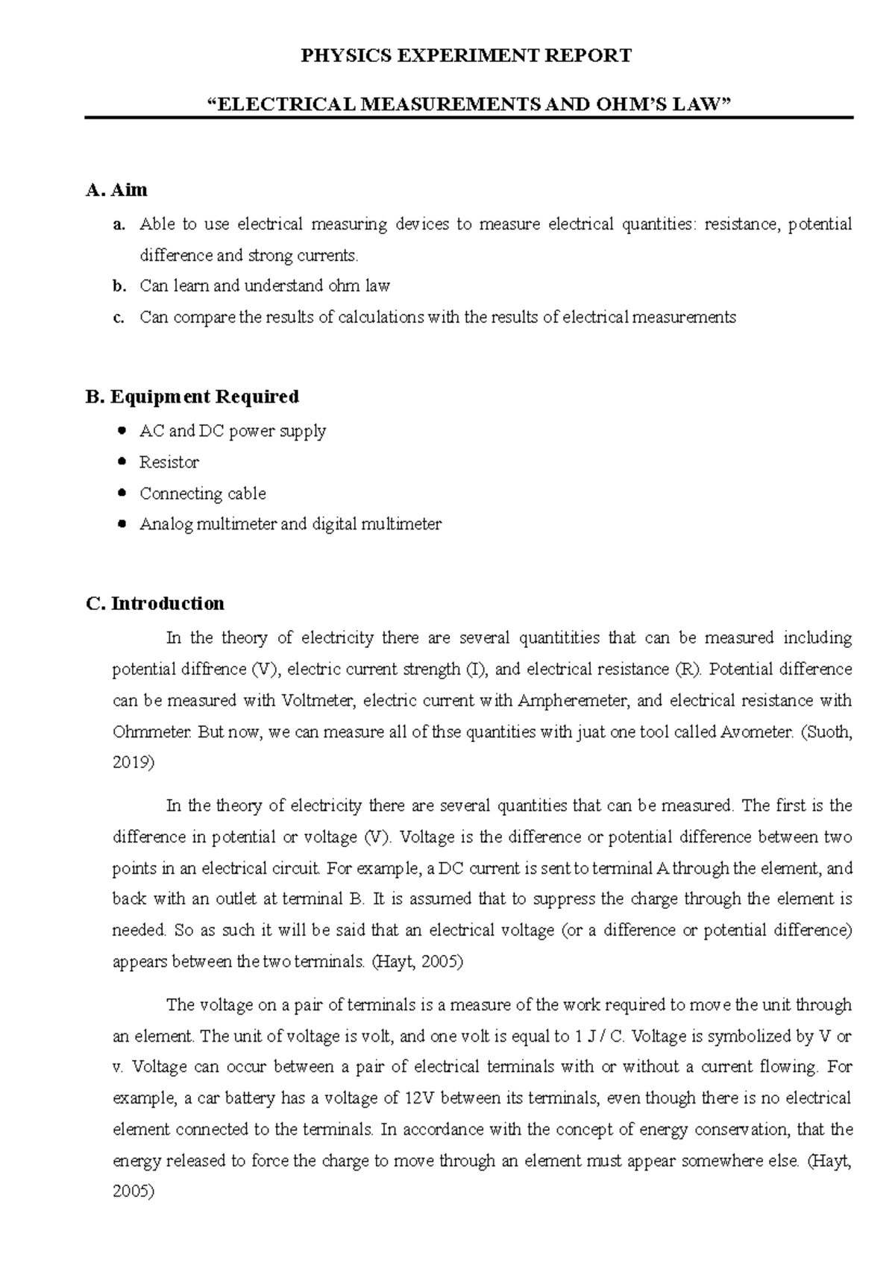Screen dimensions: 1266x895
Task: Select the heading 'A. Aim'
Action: tap(117, 190)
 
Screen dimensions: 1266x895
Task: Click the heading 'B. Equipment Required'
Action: tap(192, 397)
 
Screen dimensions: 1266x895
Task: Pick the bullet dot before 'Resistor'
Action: tap(123, 462)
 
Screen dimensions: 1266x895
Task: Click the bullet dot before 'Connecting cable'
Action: tap(123, 494)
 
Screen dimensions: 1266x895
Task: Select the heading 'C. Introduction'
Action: tap(155, 603)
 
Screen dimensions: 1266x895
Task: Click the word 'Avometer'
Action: tap(756, 732)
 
